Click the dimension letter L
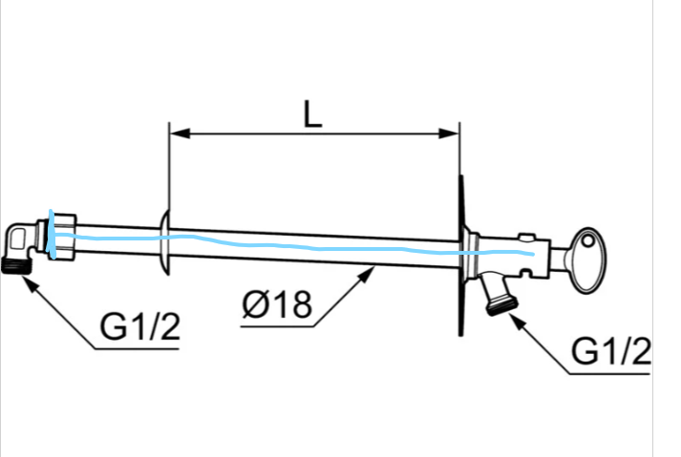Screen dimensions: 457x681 (x=312, y=114)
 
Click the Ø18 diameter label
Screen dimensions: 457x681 (x=277, y=305)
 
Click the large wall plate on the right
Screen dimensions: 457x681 (x=461, y=256)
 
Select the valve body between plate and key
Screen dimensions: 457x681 (x=521, y=253)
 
